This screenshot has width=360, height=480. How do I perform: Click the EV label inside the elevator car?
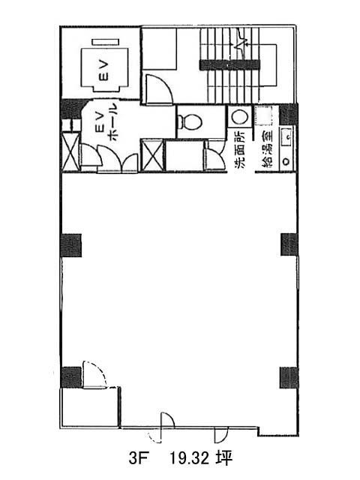tap(104, 70)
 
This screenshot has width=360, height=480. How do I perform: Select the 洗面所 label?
tap(240, 150)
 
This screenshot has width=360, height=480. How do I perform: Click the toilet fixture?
tap(190, 121)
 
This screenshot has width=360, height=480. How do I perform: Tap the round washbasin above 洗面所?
tap(239, 117)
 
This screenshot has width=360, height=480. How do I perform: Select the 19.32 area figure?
tap(190, 458)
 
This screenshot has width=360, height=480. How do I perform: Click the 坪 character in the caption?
tap(225, 458)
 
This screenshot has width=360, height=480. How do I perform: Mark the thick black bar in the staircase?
tap(229, 65)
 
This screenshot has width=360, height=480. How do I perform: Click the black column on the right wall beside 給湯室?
tap(288, 114)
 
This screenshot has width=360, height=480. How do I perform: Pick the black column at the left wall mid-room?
tap(71, 245)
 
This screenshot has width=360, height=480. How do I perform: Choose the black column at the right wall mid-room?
tap(289, 244)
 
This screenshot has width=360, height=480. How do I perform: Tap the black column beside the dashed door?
tap(71, 376)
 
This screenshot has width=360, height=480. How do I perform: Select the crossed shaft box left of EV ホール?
tap(70, 151)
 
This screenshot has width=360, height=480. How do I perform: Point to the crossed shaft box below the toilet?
tap(152, 155)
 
